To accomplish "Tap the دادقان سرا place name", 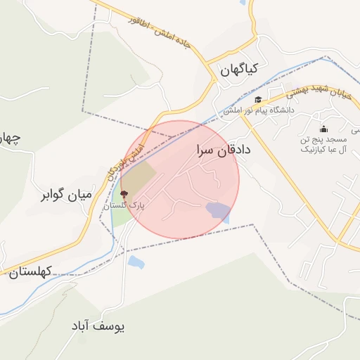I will point(224,151).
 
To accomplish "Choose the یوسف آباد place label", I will point(98,327).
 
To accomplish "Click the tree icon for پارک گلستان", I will point(124,194).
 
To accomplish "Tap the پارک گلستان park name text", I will point(124,205).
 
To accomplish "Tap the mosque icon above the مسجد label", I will point(323,128).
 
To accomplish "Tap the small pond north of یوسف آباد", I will point(136,262).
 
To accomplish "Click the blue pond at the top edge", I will point(243,2).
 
